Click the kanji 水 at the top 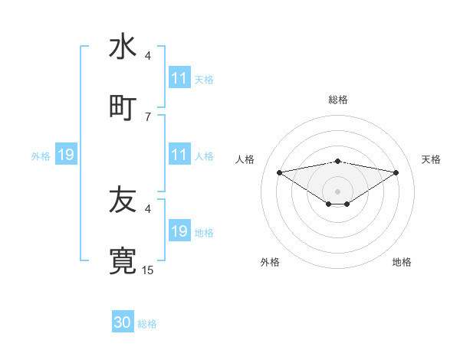[x=123, y=47]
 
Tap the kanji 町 [x=123, y=106]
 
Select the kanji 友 [x=123, y=200]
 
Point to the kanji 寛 [x=123, y=260]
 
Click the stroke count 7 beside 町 [x=148, y=116]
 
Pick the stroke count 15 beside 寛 [x=148, y=270]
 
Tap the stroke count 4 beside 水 [x=148, y=55]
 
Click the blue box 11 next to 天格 [x=179, y=78]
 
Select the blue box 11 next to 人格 [x=179, y=155]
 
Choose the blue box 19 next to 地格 [x=179, y=231]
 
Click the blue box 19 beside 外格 [x=66, y=155]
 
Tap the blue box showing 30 [x=123, y=322]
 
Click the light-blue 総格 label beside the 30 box [x=147, y=324]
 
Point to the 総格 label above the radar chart [x=338, y=100]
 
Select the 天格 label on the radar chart [x=432, y=159]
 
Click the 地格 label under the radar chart [x=402, y=262]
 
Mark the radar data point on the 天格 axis [x=396, y=172]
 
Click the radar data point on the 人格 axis [x=279, y=172]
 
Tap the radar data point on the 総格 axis [x=338, y=161]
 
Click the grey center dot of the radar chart [x=338, y=191]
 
